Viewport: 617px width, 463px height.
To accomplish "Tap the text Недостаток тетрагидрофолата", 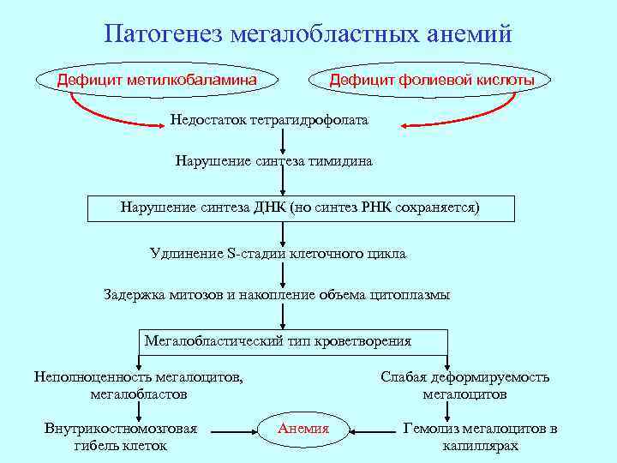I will [x=269, y=120].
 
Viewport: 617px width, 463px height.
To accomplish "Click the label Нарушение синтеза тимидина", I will [x=273, y=160].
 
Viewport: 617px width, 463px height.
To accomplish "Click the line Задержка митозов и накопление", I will [x=276, y=295].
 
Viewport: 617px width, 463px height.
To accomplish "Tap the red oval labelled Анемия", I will [x=304, y=428].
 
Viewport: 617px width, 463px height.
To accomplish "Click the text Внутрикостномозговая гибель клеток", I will [x=121, y=436].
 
